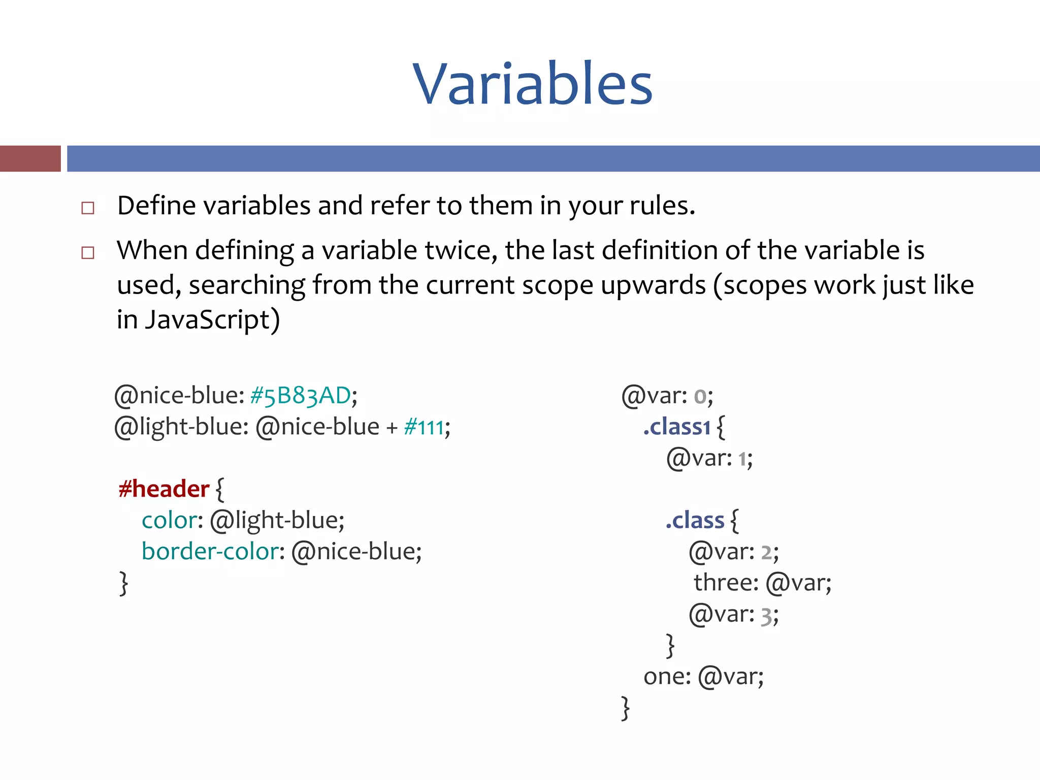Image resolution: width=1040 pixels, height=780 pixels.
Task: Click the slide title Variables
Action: pos(532,84)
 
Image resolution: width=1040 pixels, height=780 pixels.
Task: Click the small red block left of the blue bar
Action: pos(30,158)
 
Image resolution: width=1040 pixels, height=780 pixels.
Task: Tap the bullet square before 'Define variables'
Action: pos(88,208)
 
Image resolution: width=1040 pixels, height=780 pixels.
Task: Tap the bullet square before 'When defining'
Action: pos(88,252)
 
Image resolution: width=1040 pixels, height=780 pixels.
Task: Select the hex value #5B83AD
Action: pos(300,396)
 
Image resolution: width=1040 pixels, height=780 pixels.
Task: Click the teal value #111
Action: pos(424,427)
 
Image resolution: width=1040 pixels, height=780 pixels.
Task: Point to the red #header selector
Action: pos(164,489)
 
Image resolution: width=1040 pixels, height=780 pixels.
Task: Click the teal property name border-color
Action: pos(210,551)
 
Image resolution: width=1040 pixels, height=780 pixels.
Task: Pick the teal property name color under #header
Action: pos(169,521)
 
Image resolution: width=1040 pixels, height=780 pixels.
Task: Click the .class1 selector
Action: pos(676,427)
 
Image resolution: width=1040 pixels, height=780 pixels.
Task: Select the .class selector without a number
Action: pos(695,521)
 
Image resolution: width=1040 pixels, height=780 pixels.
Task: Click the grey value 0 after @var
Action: pos(700,397)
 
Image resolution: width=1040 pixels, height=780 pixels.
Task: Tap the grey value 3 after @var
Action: pos(766,616)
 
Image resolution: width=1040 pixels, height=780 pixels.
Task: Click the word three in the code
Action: pos(725,582)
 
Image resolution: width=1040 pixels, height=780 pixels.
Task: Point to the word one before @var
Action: pos(666,676)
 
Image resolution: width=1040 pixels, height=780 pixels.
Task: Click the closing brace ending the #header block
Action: pos(123,583)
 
